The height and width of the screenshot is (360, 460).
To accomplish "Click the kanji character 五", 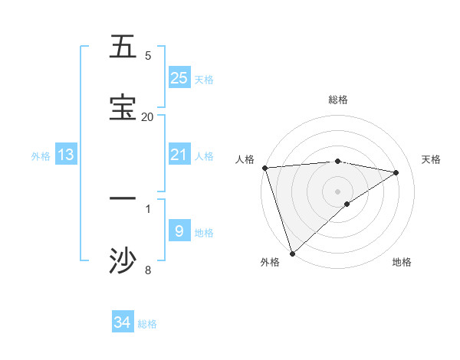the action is coord(123,47).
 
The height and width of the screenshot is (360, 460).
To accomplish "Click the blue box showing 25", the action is coord(179,78).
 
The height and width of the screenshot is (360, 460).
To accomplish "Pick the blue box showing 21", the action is coord(179,155).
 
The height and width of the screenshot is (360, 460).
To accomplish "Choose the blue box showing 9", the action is coord(179,231).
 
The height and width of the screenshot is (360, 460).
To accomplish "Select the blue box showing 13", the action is coord(66,155).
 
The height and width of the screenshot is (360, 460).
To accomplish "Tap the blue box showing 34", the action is coord(123,322).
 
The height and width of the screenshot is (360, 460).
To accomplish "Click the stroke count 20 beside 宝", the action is coord(147,116).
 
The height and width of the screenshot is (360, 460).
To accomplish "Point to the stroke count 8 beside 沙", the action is coord(148,270).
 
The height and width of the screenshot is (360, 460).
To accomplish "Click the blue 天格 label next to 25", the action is coord(204,79).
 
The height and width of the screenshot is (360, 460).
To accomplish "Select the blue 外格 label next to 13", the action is coord(41,155).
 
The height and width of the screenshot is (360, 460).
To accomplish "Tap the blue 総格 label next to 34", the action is coord(147,323).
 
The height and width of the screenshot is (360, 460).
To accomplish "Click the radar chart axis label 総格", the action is coord(337,100).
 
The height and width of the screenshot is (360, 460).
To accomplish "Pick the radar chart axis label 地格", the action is coord(402,262).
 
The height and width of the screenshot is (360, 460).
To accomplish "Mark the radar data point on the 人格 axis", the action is coord(264,167).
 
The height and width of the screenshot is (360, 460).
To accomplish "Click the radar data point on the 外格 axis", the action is coord(292,253).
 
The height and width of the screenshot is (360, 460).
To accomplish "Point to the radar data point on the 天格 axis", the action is coord(396,172).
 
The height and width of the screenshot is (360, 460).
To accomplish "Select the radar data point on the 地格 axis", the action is coord(347,204).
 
